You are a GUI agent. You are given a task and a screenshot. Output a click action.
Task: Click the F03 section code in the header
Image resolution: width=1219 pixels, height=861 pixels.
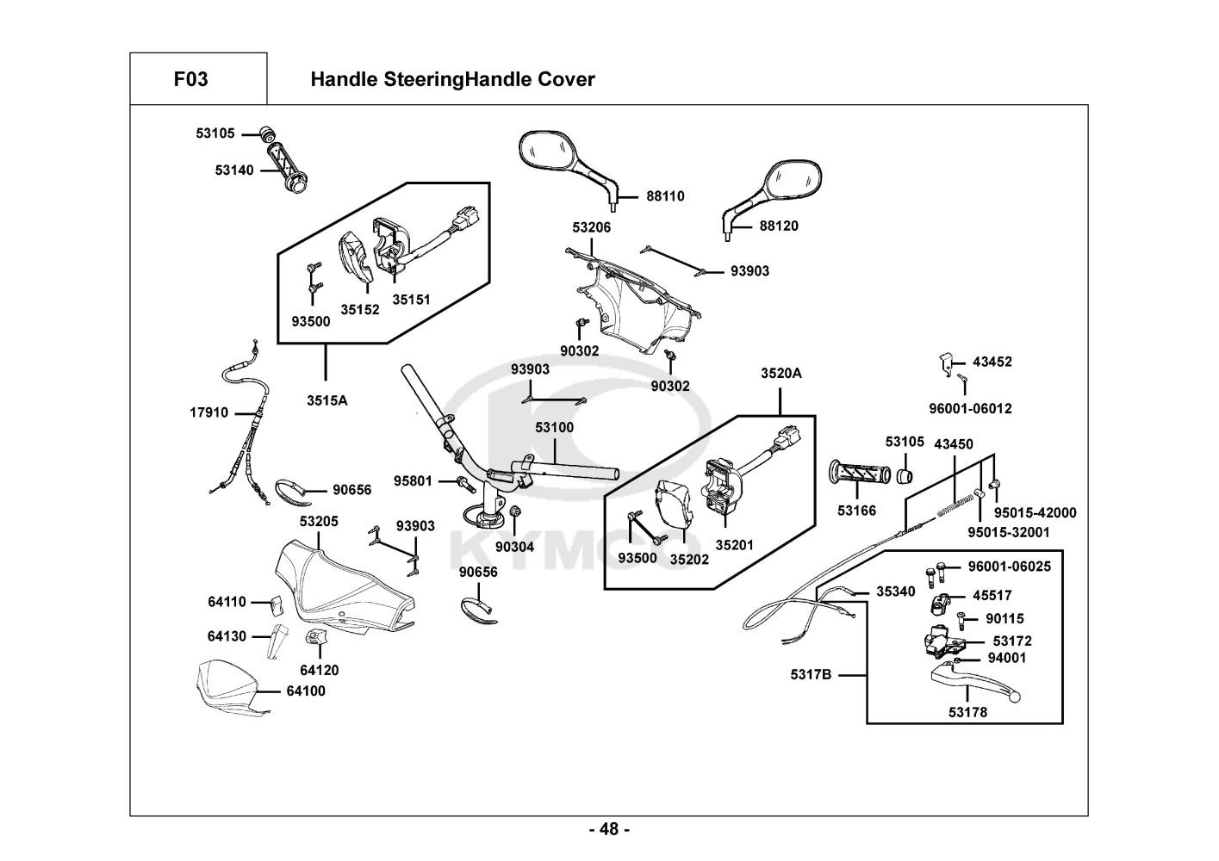190,80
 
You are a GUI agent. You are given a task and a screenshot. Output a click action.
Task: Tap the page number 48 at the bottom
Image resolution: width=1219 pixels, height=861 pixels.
609,830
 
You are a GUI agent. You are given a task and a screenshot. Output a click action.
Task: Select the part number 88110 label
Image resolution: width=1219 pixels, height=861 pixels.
665,196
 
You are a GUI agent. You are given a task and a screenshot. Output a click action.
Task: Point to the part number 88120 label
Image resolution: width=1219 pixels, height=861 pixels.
779,226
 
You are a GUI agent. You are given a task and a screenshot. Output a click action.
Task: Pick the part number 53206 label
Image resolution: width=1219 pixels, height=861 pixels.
592,227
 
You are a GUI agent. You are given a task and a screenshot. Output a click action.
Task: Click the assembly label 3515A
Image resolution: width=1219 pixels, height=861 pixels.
327,400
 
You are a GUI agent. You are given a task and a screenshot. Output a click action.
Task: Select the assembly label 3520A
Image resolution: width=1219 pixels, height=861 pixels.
781,374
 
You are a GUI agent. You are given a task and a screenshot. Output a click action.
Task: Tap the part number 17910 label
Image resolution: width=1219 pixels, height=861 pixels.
209,412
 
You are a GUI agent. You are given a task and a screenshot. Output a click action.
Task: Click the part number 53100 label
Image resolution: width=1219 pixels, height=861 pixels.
554,427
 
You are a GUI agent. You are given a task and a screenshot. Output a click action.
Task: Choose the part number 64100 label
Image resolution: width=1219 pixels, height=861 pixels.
307,691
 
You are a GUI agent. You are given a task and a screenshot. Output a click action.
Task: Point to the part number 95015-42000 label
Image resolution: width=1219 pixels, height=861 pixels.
1034,513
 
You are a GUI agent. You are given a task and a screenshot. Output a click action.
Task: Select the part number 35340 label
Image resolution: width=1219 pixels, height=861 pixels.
896,592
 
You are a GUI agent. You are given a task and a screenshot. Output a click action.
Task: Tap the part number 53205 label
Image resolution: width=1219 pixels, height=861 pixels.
319,522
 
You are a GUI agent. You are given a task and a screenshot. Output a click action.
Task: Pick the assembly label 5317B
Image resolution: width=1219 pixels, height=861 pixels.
811,675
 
